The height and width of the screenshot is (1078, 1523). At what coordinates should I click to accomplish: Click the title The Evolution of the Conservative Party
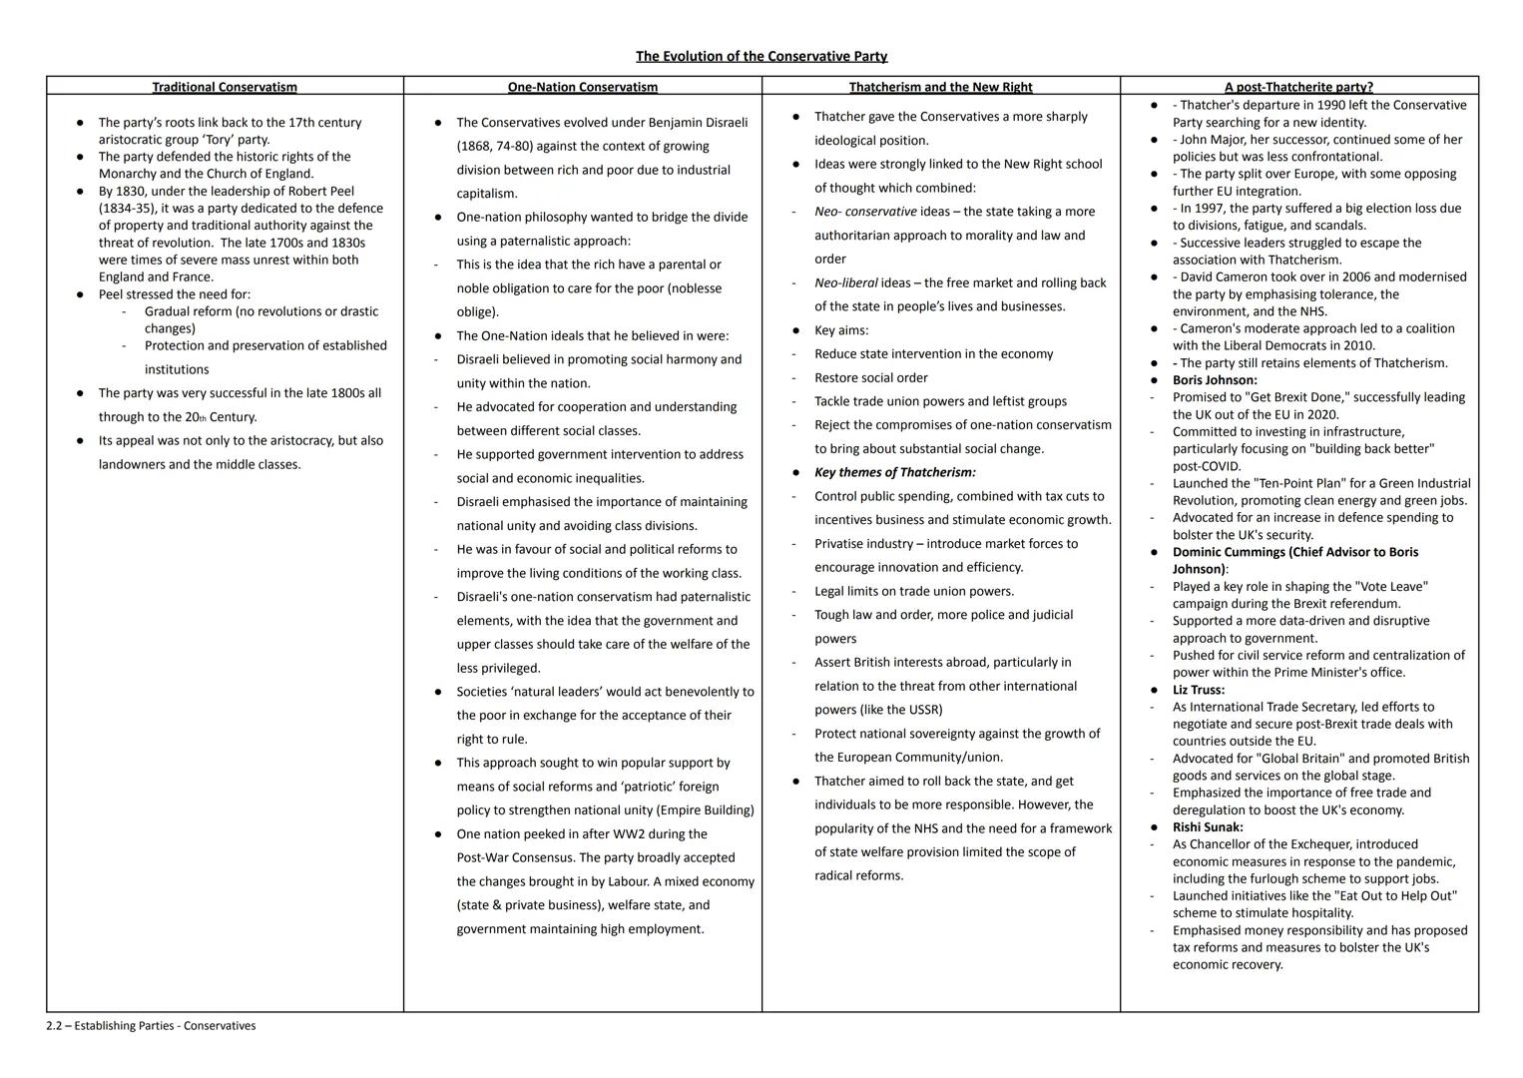pyautogui.click(x=761, y=56)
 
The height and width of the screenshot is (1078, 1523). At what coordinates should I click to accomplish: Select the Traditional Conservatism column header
pyautogui.click(x=225, y=87)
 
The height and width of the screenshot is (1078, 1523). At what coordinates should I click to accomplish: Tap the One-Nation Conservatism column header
pyautogui.click(x=583, y=87)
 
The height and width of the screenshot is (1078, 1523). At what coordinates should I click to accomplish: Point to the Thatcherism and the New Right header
pyautogui.click(x=940, y=87)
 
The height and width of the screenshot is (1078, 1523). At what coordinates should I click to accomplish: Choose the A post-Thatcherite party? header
pyautogui.click(x=1298, y=87)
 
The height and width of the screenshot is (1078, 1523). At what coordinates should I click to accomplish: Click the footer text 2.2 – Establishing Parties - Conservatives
pyautogui.click(x=151, y=1025)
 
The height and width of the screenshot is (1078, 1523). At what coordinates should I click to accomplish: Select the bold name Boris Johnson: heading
pyautogui.click(x=1215, y=380)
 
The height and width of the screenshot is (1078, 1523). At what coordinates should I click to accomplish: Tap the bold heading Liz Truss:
pyautogui.click(x=1199, y=690)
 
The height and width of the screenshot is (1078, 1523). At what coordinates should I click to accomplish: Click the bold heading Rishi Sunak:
pyautogui.click(x=1209, y=827)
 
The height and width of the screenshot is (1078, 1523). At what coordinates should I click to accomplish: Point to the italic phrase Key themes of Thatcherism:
pyautogui.click(x=895, y=472)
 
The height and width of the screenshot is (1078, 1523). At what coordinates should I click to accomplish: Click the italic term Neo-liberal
pyautogui.click(x=846, y=282)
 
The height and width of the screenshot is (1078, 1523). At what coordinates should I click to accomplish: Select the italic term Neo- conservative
pyautogui.click(x=865, y=212)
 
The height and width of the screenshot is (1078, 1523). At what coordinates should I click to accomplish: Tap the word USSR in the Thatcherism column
pyautogui.click(x=923, y=710)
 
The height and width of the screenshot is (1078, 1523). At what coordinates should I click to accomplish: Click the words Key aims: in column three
pyautogui.click(x=841, y=330)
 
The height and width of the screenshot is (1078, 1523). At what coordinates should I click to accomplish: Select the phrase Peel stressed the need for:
pyautogui.click(x=175, y=294)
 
